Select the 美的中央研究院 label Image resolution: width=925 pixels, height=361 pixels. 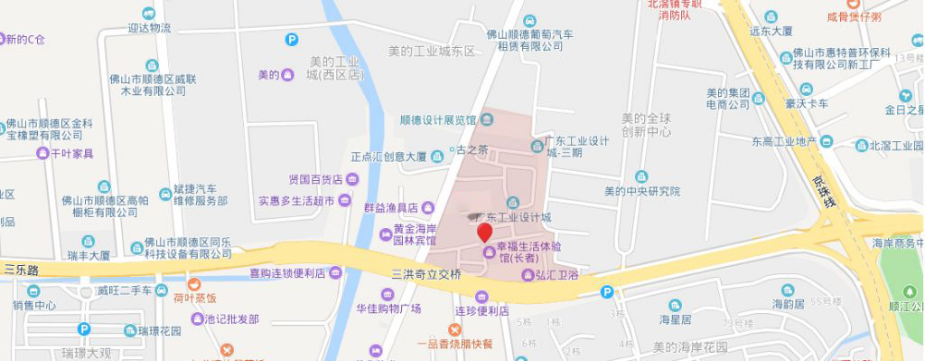[642, 192]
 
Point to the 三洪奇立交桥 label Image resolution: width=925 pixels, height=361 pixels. [425, 272]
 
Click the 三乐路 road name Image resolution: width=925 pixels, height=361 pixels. [23, 270]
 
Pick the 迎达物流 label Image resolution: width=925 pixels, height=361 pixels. [148, 28]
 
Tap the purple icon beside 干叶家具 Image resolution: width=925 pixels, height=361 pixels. [42, 154]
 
